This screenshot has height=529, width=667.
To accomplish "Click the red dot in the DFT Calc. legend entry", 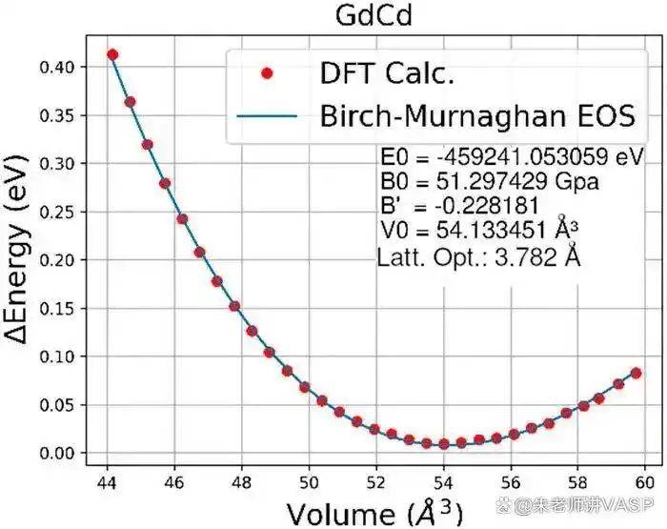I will (268, 72).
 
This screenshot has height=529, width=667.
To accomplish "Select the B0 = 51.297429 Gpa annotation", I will (489, 182).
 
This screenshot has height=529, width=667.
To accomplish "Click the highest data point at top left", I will (112, 54).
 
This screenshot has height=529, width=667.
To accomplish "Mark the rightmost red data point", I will (636, 373).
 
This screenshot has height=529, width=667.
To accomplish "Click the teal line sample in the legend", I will (268, 117).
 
